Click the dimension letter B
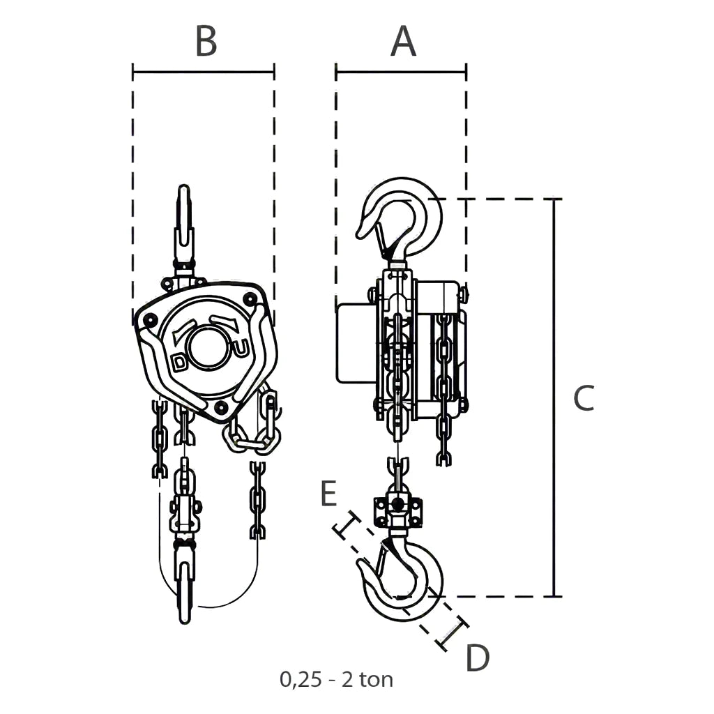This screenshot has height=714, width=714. coord(206,41)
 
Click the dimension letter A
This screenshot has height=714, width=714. coord(404,41)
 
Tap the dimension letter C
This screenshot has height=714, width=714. coord(584,398)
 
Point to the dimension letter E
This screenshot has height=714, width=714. coord(328,493)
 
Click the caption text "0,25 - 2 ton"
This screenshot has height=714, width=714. coord(337,680)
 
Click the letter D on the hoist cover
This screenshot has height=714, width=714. coord(181,363)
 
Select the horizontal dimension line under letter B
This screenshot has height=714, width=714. coord(204,72)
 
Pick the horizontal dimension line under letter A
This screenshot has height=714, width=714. coord(401,72)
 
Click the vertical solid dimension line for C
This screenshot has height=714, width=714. coord(554,397)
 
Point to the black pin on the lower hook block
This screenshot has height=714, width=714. coord(397,503)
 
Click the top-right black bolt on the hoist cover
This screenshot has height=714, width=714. coord(249,300)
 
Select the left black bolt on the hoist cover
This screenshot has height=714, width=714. coord(149,321)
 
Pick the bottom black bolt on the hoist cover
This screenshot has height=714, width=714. coord(221,407)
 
